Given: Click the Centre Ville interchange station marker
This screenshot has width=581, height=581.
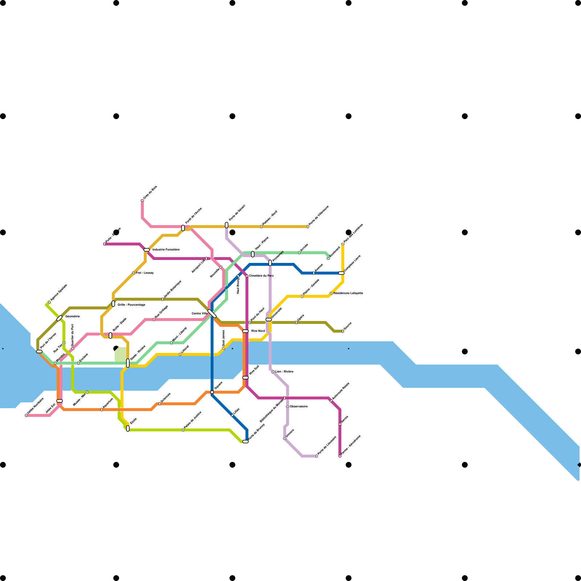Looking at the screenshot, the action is pyautogui.click(x=212, y=314).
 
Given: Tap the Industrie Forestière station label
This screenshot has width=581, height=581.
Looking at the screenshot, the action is pyautogui.click(x=166, y=250).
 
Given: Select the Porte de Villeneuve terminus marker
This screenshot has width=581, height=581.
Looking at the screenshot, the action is pyautogui.click(x=308, y=227).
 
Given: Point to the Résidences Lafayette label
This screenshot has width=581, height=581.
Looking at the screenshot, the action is pyautogui.click(x=348, y=293).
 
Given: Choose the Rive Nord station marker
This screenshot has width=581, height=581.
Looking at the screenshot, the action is pyautogui.click(x=245, y=331).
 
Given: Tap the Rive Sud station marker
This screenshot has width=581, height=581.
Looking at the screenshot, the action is pyautogui.click(x=245, y=378).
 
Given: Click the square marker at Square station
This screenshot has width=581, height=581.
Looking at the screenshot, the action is pyautogui.click(x=212, y=392).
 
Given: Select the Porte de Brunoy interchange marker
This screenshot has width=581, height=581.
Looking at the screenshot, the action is pyautogui.click(x=245, y=442).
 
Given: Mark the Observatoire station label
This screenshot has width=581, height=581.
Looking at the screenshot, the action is pyautogui.click(x=299, y=406).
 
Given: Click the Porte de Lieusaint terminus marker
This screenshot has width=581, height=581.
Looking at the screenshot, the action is pyautogui.click(x=317, y=456).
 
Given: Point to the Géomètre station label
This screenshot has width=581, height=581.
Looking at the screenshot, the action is pyautogui.click(x=72, y=316).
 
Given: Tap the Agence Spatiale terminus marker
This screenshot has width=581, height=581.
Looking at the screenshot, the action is pyautogui.click(x=49, y=302).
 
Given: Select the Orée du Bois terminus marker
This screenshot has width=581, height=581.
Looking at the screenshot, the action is pyautogui.click(x=142, y=200).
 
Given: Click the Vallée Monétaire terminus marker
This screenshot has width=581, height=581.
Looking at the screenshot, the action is pyautogui.click(x=26, y=415).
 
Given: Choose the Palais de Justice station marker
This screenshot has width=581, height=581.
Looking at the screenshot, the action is pyautogui.click(x=183, y=430).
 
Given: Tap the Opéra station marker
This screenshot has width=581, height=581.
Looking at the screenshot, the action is pyautogui.click(x=296, y=322).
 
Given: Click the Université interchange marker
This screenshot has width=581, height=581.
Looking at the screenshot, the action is pyautogui.click(x=269, y=320).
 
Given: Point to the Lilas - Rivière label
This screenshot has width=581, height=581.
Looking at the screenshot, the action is pyautogui.click(x=284, y=371).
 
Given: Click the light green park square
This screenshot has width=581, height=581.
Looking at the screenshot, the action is pyautogui.click(x=121, y=354).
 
